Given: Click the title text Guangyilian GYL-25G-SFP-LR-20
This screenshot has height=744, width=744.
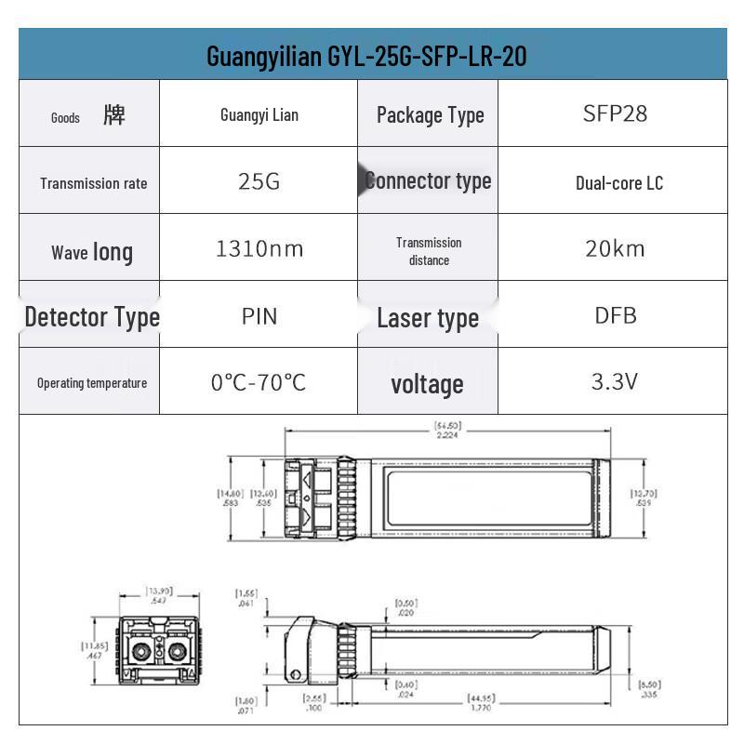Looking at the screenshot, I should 366,56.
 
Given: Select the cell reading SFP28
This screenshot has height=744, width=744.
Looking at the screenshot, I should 615,113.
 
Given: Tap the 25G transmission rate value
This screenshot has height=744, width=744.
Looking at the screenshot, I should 259,181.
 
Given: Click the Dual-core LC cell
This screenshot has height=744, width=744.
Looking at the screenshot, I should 618,182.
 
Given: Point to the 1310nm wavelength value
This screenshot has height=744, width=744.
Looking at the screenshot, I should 259,249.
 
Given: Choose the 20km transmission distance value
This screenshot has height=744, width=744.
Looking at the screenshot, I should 615,249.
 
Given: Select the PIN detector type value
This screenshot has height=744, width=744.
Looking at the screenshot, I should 259,316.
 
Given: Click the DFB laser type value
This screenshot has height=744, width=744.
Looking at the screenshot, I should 615,315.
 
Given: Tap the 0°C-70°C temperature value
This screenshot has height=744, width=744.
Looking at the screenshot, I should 259,382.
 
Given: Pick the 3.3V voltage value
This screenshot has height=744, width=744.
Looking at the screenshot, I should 615,381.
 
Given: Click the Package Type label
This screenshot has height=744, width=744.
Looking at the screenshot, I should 430,115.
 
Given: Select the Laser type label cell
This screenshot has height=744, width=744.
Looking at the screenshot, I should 428,318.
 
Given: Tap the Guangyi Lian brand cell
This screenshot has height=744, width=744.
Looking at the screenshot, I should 259,115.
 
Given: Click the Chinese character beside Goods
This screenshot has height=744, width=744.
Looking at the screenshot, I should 114,115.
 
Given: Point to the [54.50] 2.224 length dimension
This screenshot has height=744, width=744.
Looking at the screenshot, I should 447,429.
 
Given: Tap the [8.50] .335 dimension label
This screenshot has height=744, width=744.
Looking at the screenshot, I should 648,688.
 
